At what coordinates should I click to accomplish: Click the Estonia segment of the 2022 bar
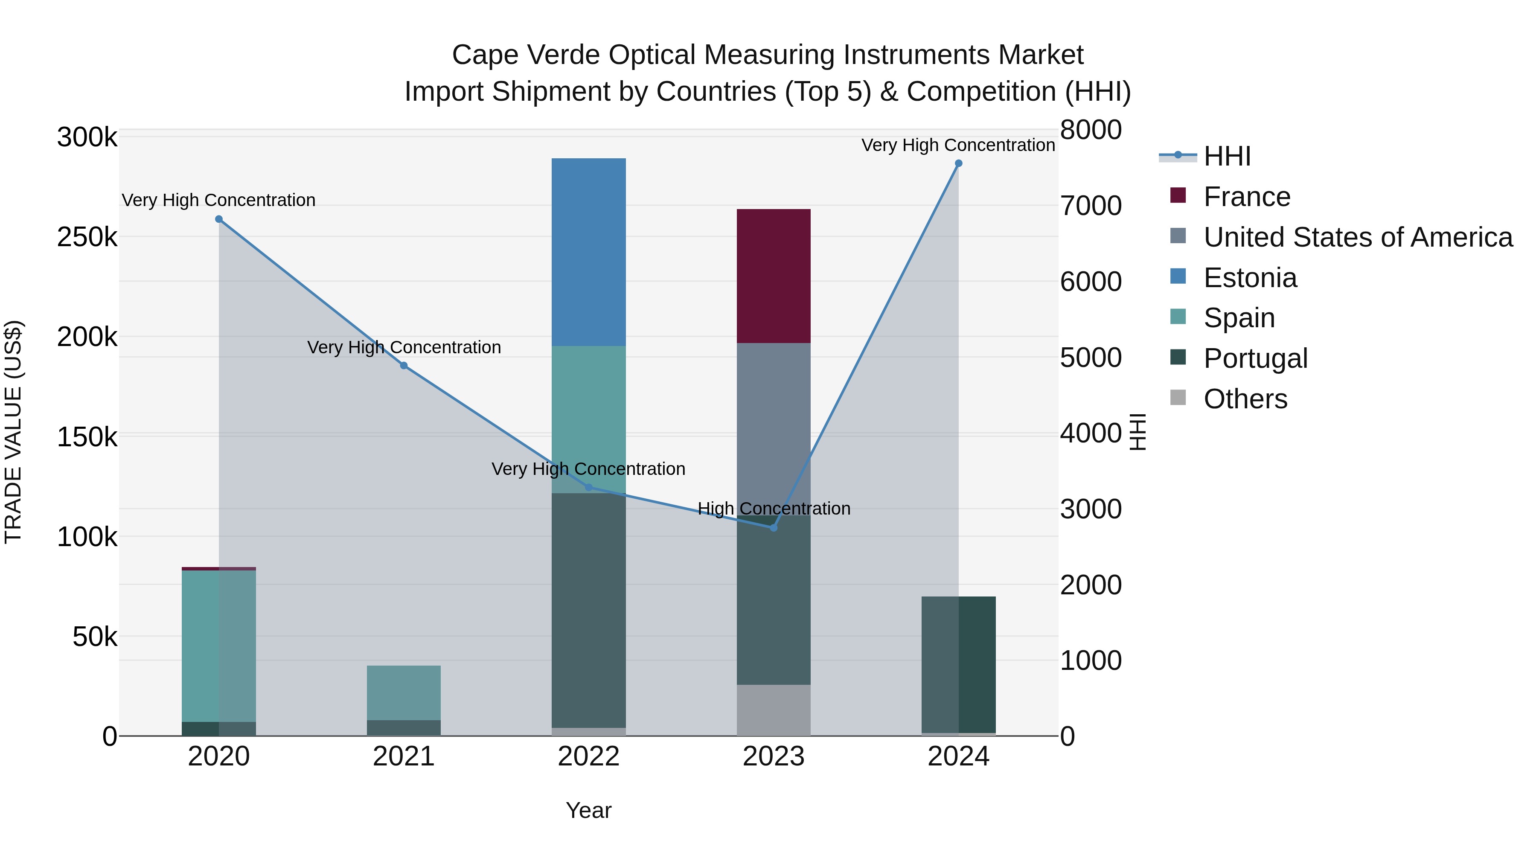(588, 252)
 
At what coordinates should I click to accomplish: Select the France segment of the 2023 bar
(774, 276)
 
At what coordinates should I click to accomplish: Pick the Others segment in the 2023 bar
(774, 710)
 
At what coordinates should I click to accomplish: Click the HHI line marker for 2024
(958, 163)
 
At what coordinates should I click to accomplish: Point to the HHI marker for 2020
(219, 219)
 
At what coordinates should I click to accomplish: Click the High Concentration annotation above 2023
(774, 509)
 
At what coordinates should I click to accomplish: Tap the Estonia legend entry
(1250, 278)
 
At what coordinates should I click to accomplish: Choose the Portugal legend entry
(1255, 358)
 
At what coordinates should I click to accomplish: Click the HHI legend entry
(1227, 156)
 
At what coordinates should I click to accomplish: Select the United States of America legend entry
(1358, 237)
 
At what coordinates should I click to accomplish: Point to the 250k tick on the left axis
(87, 237)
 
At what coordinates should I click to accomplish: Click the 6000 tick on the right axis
(1091, 282)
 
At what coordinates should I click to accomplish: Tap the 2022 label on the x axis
(588, 756)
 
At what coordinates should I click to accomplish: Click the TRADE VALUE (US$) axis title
(13, 432)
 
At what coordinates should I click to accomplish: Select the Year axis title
(588, 810)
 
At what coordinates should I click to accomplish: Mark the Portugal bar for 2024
(958, 664)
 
